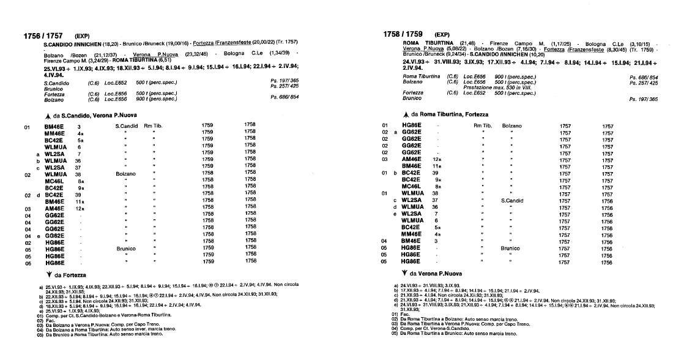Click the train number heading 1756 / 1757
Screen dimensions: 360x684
[45, 36]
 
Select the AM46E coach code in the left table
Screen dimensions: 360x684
[55, 209]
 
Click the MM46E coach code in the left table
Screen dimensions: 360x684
[55, 133]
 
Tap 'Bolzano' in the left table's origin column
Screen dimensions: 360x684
[125, 174]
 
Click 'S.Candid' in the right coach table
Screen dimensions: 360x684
[513, 200]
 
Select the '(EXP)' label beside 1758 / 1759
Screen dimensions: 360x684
[442, 34]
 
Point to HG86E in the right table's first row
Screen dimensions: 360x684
[411, 126]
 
